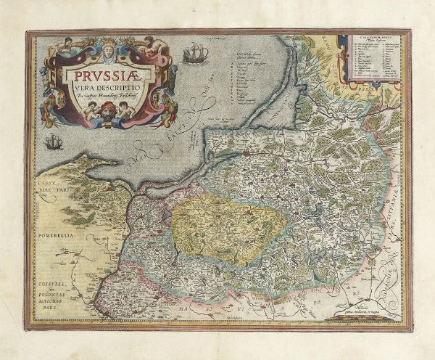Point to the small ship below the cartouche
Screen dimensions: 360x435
pyautogui.click(x=53, y=142)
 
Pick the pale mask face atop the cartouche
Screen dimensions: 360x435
pyautogui.click(x=107, y=52)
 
